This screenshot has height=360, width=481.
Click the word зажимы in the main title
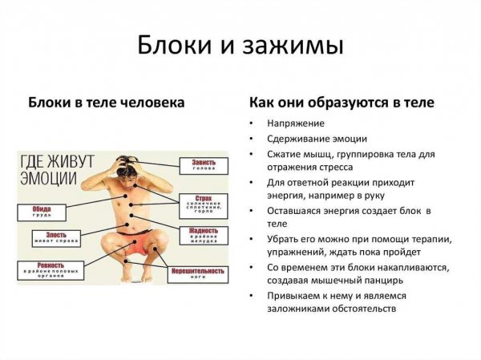click(292, 45)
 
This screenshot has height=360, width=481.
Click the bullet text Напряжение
click(296, 123)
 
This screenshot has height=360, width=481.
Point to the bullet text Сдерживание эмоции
click(317, 139)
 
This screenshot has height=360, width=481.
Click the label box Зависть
click(204, 165)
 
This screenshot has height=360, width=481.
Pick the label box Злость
click(51, 237)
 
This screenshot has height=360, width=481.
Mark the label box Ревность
click(51, 270)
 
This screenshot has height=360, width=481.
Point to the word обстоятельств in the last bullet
click(361, 309)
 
